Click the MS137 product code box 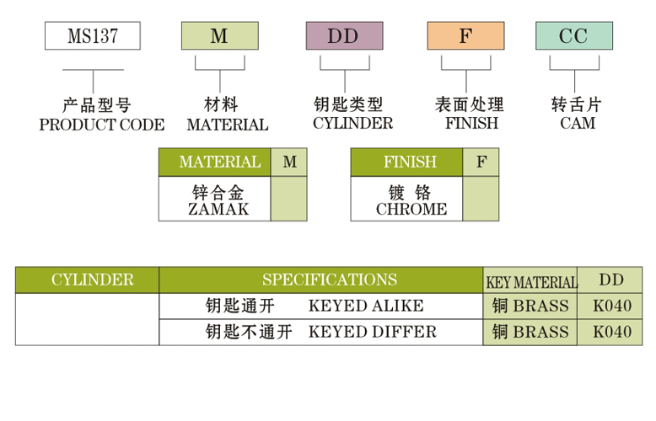[x=92, y=36]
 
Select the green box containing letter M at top [x=219, y=36]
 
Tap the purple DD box [x=343, y=36]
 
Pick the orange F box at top [x=465, y=36]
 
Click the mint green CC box [x=574, y=36]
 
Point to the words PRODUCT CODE [x=101, y=125]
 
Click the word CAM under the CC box [x=577, y=124]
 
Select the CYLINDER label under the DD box [x=352, y=124]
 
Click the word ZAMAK [x=219, y=209]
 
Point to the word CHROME [x=411, y=209]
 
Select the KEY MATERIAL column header [x=530, y=282]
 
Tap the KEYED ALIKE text [x=366, y=306]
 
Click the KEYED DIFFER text [x=373, y=332]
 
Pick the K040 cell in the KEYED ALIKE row [x=611, y=306]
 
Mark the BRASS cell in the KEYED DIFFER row [x=530, y=332]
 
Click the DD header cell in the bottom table [x=611, y=280]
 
